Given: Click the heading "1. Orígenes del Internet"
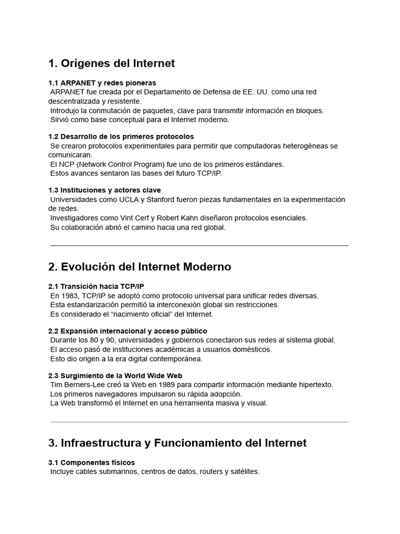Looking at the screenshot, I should pyautogui.click(x=111, y=64).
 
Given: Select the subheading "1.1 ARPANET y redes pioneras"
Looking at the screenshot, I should pyautogui.click(x=102, y=83).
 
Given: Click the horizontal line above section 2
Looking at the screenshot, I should pyautogui.click(x=199, y=245).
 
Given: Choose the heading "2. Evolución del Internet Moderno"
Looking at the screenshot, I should pyautogui.click(x=140, y=267).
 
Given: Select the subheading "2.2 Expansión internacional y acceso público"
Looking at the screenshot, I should pyautogui.click(x=128, y=331).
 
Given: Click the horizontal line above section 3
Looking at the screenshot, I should pyautogui.click(x=199, y=422).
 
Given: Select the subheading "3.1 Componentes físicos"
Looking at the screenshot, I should pyautogui.click(x=92, y=463).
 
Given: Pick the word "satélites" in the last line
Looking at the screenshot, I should pyautogui.click(x=244, y=471).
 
